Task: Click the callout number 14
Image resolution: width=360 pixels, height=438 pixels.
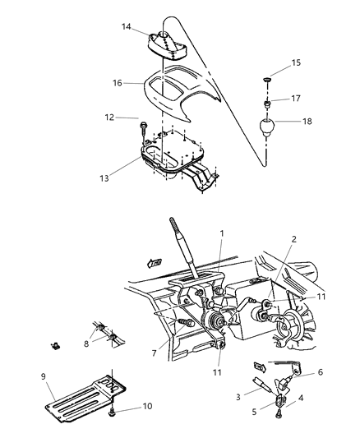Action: [126, 27]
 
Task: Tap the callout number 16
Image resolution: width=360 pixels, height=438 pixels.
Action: [118, 82]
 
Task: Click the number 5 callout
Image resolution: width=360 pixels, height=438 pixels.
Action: [256, 413]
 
